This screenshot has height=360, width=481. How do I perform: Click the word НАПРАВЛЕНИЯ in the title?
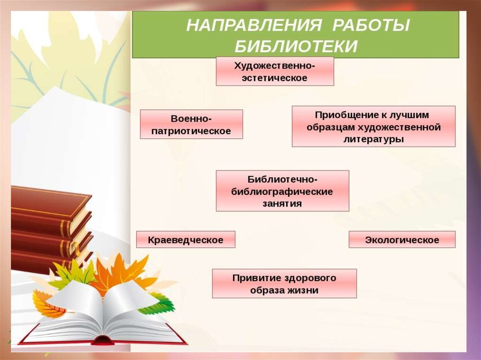pos(254,25)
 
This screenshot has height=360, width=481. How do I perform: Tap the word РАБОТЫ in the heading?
pos(371,25)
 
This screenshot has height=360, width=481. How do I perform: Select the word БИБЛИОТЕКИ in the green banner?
pos(296,46)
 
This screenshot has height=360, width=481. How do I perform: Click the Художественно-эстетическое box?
pos(275,71)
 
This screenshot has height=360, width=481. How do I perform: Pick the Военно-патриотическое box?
pos(192,124)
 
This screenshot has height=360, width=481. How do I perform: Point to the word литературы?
pos(373,139)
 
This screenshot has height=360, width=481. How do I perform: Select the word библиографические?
pos(282,191)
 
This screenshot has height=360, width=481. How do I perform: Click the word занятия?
pos(282,204)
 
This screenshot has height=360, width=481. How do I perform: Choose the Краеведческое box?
pos(186,239)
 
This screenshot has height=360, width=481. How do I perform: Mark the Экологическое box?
pos(402,239)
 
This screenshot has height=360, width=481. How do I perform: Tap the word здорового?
pos(310,278)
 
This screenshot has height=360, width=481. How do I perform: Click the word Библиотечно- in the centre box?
pos(282,179)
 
